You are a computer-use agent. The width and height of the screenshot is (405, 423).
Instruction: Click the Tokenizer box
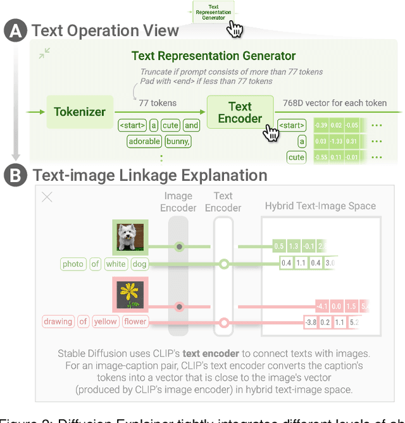click(x=80, y=112)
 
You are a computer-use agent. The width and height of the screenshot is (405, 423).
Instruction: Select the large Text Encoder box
click(x=240, y=112)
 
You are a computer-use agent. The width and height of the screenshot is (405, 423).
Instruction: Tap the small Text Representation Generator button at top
click(x=213, y=11)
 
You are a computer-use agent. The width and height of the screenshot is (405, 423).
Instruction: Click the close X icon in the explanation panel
click(x=47, y=197)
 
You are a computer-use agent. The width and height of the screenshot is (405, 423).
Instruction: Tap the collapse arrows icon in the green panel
click(x=44, y=54)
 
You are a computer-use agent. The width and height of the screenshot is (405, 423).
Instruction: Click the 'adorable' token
click(x=144, y=141)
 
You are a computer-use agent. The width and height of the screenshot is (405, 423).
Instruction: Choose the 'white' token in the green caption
click(x=116, y=264)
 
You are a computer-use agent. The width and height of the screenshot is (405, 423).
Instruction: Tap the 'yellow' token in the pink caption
click(x=105, y=322)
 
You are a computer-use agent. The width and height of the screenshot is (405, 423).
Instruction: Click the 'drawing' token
click(x=58, y=322)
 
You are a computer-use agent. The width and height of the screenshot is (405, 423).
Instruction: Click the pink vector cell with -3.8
click(x=311, y=322)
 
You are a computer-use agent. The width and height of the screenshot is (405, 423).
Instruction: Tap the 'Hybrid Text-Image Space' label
click(x=320, y=205)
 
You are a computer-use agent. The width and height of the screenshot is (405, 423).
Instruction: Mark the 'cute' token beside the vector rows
click(x=296, y=157)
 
